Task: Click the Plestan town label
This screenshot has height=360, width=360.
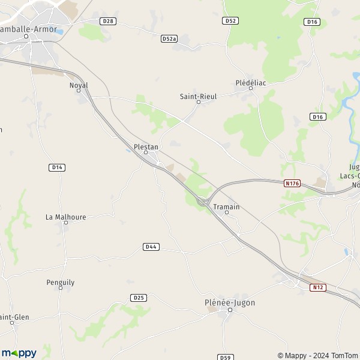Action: [x=146, y=145]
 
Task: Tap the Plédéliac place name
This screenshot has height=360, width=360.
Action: [x=251, y=83]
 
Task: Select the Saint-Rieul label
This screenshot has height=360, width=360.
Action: [x=198, y=96]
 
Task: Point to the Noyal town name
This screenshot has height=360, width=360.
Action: [x=79, y=85]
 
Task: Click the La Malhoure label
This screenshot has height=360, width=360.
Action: [x=66, y=217]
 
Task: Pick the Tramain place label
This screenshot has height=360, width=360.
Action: [x=226, y=207]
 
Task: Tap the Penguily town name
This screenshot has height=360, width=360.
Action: [x=60, y=281]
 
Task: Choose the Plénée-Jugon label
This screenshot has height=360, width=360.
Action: [x=230, y=303]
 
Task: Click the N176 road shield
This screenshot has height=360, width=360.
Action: [x=292, y=183]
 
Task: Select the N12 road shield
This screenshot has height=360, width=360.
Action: [x=317, y=287]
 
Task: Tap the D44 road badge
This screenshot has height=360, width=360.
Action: [x=151, y=247]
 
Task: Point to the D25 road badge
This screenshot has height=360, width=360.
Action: [x=138, y=298]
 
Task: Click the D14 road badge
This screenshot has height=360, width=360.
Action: [x=57, y=167]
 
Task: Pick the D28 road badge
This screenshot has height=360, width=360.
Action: [x=108, y=21]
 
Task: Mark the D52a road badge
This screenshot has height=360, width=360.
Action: [x=169, y=38]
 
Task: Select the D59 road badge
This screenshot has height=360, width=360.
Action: [x=225, y=357]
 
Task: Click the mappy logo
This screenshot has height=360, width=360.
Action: [x=19, y=353]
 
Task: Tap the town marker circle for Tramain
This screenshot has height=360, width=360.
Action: [x=226, y=212]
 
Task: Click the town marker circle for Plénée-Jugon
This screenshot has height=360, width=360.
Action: [x=230, y=310]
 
